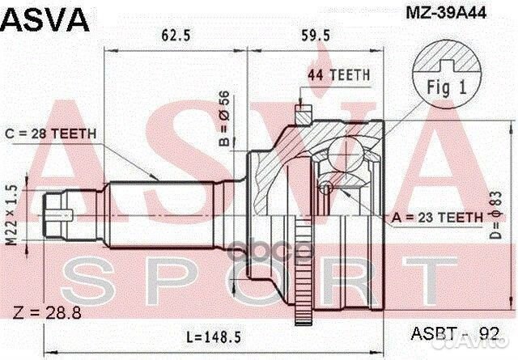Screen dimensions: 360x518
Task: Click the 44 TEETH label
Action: [338, 75]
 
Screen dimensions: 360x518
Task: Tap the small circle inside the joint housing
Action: [325, 188]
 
